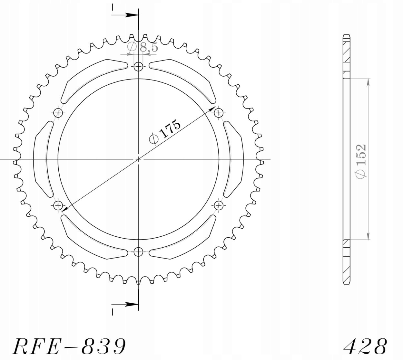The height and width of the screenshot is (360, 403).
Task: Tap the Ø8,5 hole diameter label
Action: pos(143,47)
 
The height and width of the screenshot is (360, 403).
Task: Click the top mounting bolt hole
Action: pos(138,67)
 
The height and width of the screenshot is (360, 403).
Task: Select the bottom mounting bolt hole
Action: pos(138,252)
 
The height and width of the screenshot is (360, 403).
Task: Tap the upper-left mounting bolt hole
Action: pos(58,113)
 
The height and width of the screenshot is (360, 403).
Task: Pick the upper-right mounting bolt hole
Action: pos(219,113)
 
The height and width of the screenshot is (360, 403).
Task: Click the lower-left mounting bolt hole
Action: pos(58,205)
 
